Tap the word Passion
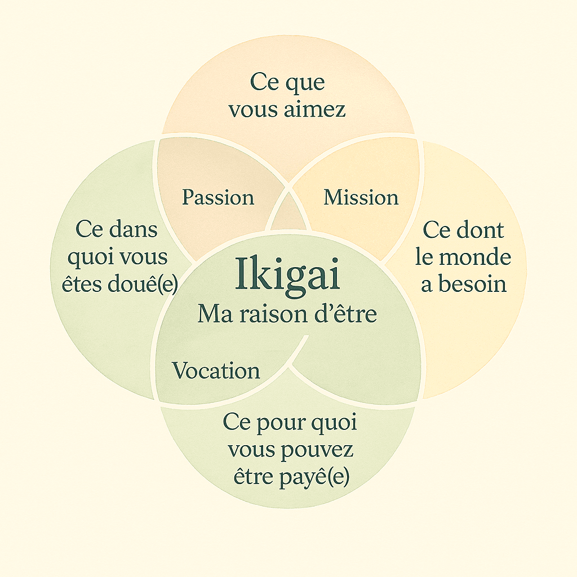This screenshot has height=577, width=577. click(x=218, y=197)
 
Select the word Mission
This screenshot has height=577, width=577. click(x=361, y=197)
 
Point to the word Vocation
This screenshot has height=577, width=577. click(x=216, y=370)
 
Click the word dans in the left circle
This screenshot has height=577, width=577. click(x=133, y=229)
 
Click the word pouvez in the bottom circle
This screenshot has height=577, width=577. click(x=317, y=450)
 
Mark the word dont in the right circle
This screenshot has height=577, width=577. click(x=480, y=230)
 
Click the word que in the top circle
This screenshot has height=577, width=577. click(x=305, y=82)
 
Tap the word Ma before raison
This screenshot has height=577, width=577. click(x=215, y=314)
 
